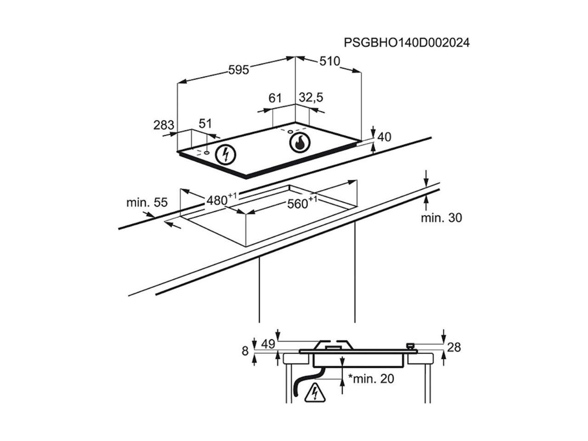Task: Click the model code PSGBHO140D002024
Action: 407,43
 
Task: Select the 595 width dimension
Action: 239,70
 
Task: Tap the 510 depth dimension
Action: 329,61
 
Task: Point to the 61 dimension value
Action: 275,98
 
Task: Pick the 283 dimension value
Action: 164,125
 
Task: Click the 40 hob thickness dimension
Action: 384,137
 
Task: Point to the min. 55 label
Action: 147,203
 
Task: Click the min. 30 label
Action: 441,218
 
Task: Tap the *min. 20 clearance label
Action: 371,379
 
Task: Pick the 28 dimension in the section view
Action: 453,347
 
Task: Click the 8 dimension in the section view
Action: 245,351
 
